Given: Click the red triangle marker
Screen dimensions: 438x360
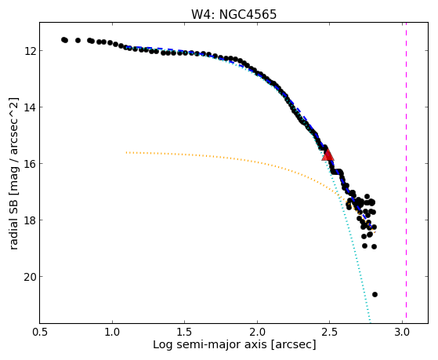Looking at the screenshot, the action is pos(328,155).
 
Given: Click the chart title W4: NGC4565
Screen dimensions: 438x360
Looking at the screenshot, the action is pos(233,15).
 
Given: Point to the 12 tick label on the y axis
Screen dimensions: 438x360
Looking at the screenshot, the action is pos(29,51).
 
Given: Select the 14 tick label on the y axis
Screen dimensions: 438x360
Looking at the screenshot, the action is pos(29,107).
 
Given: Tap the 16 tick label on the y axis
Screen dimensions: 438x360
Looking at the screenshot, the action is pos(29,164).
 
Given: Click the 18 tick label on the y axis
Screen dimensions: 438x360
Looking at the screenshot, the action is pos(29,220).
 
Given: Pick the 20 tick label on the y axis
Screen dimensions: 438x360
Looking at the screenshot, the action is pos(29,277).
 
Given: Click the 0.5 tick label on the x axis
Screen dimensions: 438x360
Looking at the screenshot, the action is pos(40,332).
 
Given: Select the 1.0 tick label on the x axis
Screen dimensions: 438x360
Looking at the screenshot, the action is pos(112,332).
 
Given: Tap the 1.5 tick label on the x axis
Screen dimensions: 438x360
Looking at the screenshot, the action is pos(185,332).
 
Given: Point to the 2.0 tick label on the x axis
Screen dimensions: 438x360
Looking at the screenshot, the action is pos(257,332).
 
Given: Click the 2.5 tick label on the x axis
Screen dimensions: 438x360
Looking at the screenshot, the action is pos(330,332).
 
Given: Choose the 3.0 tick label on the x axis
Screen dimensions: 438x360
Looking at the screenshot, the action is pos(402,332).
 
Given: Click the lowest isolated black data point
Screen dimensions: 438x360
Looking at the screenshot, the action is pos(375,295).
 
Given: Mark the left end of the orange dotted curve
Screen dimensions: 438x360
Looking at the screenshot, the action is pos(126,152).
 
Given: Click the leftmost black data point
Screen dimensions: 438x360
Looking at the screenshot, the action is pos(63,39).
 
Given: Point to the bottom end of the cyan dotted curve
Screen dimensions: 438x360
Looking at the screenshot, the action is pos(371,322).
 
